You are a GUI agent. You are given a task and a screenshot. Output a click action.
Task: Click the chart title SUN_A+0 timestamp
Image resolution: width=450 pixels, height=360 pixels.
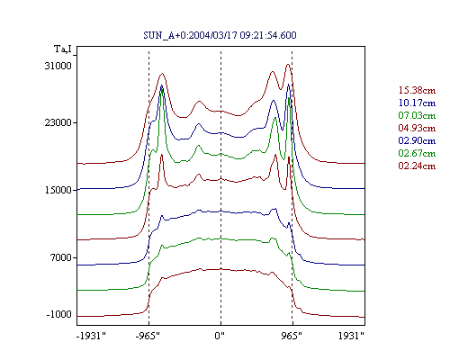click(x=220, y=35)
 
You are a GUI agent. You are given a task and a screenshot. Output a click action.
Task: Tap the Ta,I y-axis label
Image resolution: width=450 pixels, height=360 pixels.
click(x=63, y=49)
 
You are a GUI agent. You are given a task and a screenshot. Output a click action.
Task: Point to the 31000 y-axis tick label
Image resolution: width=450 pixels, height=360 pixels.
click(x=58, y=66)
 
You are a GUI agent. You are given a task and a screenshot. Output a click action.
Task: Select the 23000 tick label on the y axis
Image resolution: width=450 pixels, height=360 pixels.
click(x=58, y=122)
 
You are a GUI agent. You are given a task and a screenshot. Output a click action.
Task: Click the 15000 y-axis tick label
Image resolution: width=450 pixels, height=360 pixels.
click(x=58, y=190)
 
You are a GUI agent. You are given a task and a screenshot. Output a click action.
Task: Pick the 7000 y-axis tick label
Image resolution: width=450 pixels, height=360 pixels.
click(x=61, y=257)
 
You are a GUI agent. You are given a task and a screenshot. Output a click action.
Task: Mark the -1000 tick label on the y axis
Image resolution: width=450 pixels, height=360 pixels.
click(x=59, y=314)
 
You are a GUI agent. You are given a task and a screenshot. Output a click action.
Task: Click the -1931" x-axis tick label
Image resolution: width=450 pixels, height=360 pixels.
click(x=91, y=336)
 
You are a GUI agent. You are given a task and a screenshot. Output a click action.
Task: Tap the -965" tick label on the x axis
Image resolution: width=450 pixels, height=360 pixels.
click(x=148, y=336)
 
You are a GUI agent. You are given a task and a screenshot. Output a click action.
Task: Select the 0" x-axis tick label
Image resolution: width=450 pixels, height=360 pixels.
click(x=220, y=336)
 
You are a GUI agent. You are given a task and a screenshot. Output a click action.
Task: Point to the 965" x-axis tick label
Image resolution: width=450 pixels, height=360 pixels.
click(x=292, y=336)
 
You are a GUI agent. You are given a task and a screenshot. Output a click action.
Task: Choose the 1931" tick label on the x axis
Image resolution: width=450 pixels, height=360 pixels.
click(x=351, y=336)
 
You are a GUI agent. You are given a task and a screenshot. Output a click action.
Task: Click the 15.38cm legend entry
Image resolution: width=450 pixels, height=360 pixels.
click(x=417, y=90)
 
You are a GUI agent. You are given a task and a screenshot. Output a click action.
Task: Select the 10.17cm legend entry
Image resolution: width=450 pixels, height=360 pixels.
click(x=417, y=103)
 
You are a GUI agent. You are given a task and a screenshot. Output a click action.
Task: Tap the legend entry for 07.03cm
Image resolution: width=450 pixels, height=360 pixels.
click(x=417, y=115)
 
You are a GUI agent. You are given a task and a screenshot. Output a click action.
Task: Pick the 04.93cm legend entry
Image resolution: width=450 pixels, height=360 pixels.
click(x=417, y=128)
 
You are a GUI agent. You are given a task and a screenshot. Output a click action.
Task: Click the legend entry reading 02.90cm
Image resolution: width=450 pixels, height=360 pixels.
click(x=417, y=140)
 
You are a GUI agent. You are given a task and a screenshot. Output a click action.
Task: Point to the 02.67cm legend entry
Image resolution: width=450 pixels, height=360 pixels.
click(x=417, y=153)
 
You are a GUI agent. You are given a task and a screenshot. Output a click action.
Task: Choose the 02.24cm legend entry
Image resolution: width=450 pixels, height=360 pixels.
click(x=417, y=166)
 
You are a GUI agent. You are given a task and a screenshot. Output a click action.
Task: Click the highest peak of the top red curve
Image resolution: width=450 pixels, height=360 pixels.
click(x=288, y=64)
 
